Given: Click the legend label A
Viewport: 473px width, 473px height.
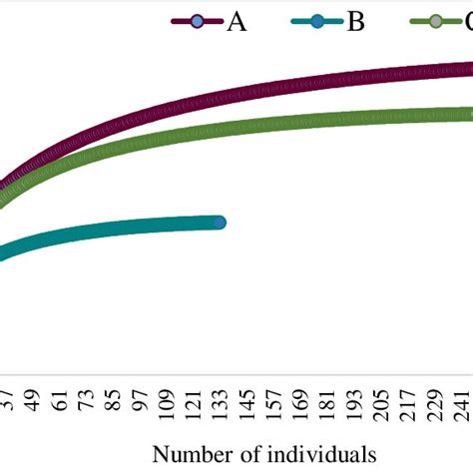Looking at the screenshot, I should click(236, 21).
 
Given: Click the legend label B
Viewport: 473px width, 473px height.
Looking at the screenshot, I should click(355, 21).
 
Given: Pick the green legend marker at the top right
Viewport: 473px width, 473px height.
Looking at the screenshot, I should click(435, 21).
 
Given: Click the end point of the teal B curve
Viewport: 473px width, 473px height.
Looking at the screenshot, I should click(220, 223).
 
